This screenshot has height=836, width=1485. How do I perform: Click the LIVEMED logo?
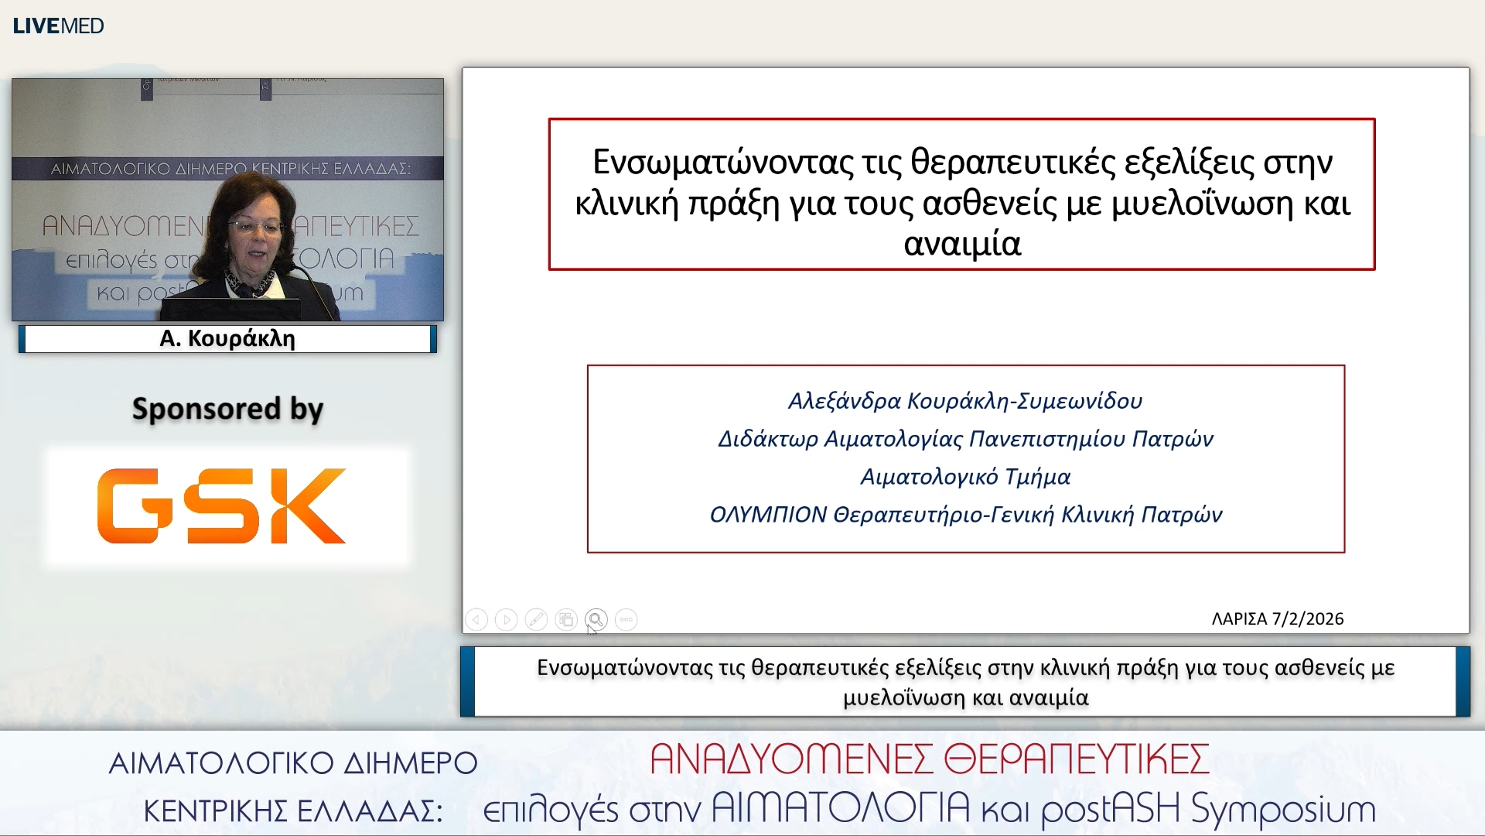click(x=58, y=26)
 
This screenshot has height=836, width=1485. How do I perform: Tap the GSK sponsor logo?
click(x=221, y=505)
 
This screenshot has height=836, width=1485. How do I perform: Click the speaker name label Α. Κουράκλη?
click(x=227, y=339)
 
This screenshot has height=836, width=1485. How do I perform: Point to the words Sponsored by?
click(x=227, y=409)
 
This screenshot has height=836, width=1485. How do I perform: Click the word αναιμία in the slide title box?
click(x=962, y=244)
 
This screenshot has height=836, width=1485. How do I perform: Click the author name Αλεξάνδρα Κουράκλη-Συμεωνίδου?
click(x=965, y=401)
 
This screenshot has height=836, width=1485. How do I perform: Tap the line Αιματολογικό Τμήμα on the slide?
click(x=965, y=477)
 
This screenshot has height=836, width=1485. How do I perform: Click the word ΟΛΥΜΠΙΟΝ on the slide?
click(x=768, y=515)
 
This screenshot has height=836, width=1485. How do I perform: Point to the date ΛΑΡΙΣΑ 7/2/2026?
click(x=1277, y=619)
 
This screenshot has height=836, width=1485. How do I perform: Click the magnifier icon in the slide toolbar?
click(x=596, y=619)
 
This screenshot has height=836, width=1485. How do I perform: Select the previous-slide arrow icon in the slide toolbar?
click(x=476, y=619)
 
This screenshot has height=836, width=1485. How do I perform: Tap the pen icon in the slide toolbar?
click(x=536, y=619)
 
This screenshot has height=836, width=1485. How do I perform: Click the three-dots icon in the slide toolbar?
click(x=626, y=619)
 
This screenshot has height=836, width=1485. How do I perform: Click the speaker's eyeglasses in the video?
click(x=254, y=227)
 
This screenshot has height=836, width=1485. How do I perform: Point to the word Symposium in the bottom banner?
click(x=1283, y=810)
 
